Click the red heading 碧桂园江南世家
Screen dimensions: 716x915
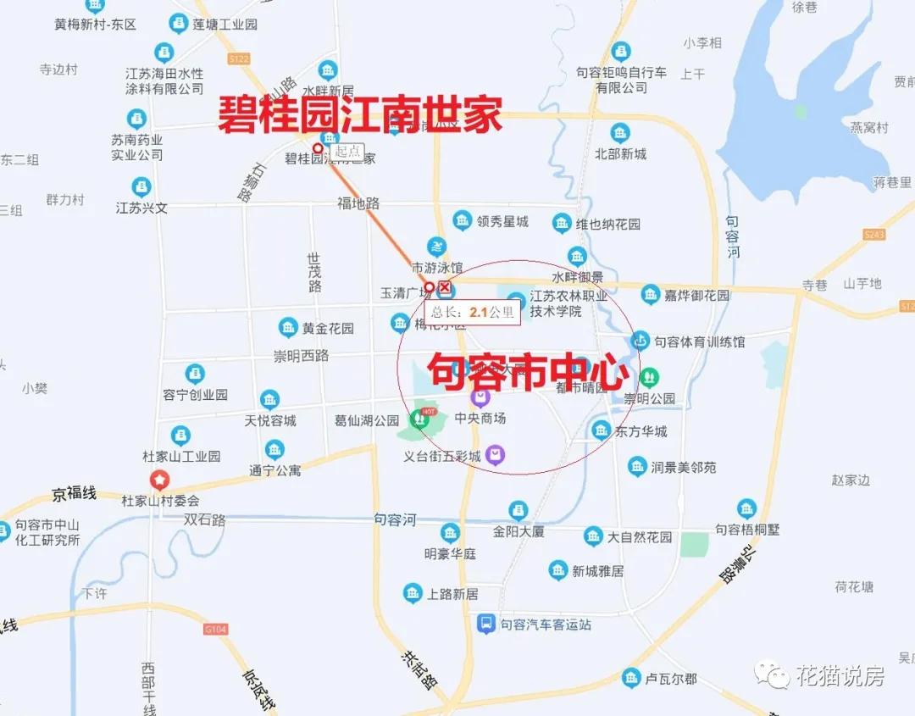coord(360,114)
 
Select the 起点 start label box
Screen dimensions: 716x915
coord(347,152)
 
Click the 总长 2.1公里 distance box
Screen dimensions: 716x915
coord(472,312)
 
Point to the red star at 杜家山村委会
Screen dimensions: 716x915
coord(159,480)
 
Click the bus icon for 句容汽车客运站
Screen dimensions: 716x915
coord(485,624)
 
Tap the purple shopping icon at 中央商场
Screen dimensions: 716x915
coord(480,396)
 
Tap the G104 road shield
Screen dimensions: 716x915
coord(216,630)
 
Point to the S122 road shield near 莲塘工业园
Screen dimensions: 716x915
coord(239,58)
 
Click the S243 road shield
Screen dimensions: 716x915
coord(874,234)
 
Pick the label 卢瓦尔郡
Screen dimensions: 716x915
coord(671,679)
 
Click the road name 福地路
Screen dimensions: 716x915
coord(358,203)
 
